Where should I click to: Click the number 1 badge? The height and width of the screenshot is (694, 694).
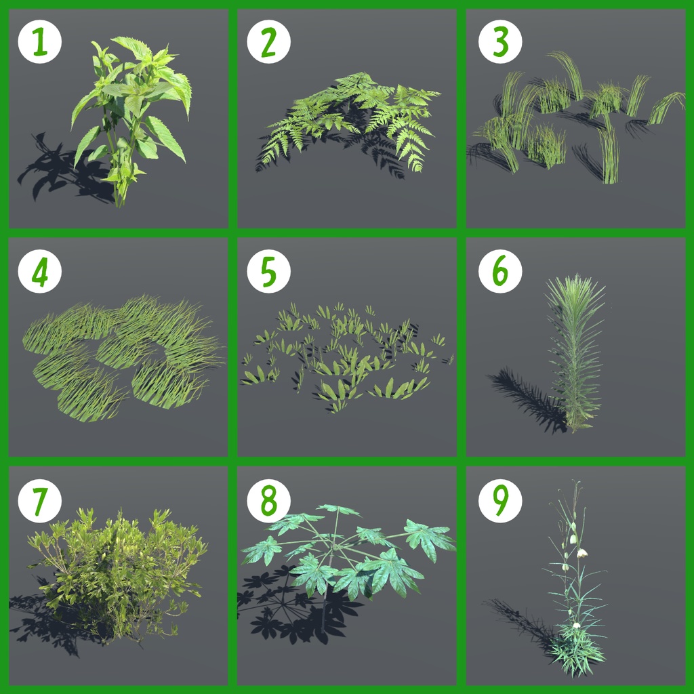tap(40, 41)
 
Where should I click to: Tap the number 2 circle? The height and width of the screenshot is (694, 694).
tap(268, 41)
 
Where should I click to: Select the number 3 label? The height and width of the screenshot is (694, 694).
tap(500, 41)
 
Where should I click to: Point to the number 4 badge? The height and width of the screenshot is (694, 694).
tap(40, 271)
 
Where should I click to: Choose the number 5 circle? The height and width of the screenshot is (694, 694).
tap(268, 271)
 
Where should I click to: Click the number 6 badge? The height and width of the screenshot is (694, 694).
tap(500, 271)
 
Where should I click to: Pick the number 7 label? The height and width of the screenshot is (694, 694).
tap(40, 501)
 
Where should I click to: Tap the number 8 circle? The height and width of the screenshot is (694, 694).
tap(268, 501)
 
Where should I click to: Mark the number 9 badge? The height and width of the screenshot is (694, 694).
tap(500, 501)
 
